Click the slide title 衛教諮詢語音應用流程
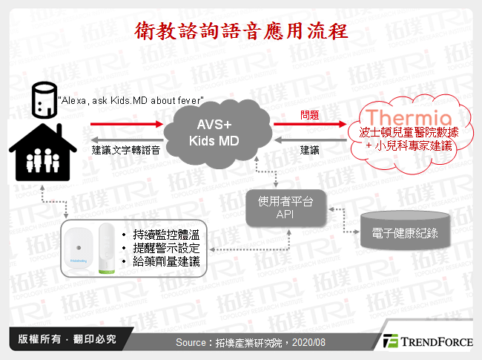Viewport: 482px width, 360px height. pyautogui.click(x=241, y=32)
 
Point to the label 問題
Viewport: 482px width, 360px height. pyautogui.click(x=310, y=115)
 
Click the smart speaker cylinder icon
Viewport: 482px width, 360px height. pyautogui.click(x=43, y=101)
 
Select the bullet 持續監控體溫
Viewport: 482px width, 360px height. pyautogui.click(x=168, y=235)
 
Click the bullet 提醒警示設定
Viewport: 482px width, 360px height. pyautogui.click(x=168, y=249)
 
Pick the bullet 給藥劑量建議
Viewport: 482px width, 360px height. pyautogui.click(x=168, y=262)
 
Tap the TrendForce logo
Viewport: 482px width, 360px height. pyautogui.click(x=427, y=341)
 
